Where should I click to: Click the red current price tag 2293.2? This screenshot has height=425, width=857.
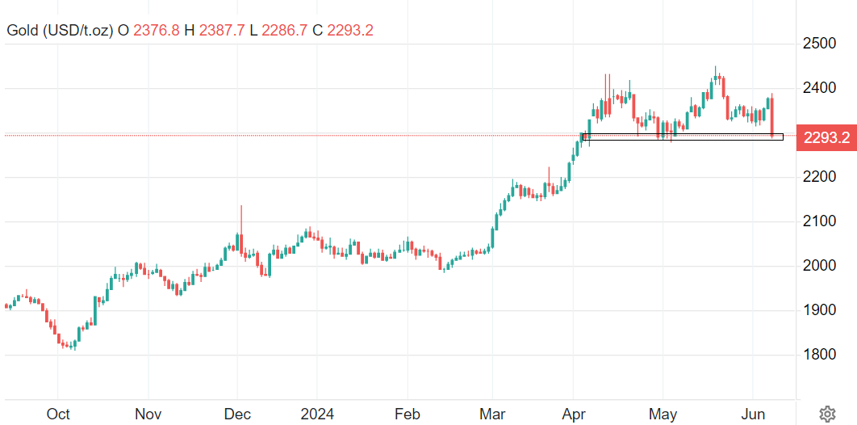tap(826, 137)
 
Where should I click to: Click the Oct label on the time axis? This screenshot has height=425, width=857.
tap(58, 414)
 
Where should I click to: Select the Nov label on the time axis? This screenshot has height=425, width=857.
tap(148, 414)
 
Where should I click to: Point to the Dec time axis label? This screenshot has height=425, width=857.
tap(237, 414)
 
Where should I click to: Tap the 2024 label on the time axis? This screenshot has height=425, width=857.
tap(316, 414)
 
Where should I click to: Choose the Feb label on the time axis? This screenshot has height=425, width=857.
tap(408, 414)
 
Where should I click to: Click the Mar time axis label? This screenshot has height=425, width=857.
tap(492, 414)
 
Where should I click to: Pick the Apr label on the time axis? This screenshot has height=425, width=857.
tap(574, 414)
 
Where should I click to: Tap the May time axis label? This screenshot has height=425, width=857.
tap(663, 414)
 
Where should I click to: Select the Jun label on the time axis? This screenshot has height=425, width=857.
tap(753, 414)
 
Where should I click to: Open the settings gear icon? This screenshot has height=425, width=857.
tap(827, 414)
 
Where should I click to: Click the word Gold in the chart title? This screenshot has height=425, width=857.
tap(22, 31)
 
